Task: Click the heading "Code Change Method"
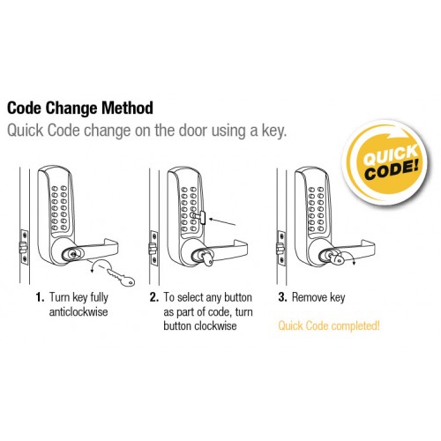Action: [80, 108]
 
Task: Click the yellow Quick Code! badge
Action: [386, 162]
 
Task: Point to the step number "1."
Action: [40, 297]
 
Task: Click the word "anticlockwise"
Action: [78, 311]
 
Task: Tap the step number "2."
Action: [154, 297]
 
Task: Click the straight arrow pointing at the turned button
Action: [222, 222]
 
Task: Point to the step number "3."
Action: [282, 297]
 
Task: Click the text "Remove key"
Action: [318, 297]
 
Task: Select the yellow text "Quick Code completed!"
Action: [329, 325]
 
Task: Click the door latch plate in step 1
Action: [24, 247]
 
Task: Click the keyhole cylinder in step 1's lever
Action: [71, 254]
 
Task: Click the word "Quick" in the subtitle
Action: [26, 131]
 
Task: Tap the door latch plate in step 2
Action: [153, 248]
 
